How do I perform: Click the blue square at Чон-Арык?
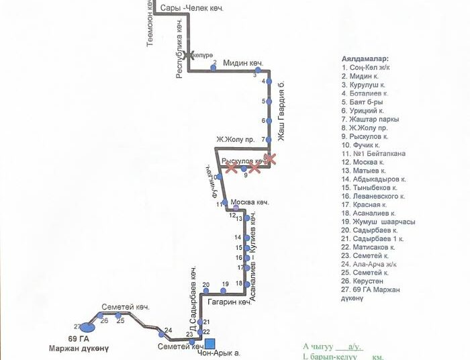[x=209, y=345]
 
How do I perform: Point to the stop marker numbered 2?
[x=214, y=69]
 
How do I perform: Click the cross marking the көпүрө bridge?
[x=189, y=55]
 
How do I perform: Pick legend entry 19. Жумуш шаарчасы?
[x=378, y=221]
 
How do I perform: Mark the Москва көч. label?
[x=249, y=202]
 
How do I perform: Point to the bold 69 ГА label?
[x=79, y=339]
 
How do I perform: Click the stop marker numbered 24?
[x=161, y=334]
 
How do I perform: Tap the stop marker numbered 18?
[x=248, y=283]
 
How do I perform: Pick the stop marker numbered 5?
[x=269, y=101]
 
